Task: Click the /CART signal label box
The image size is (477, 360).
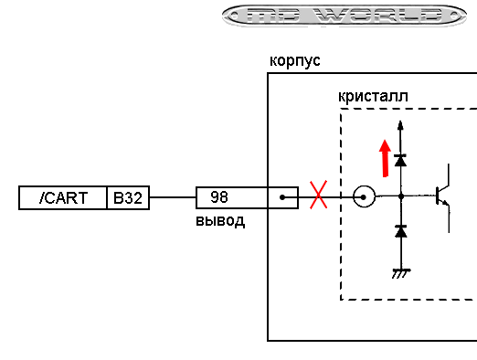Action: tap(63, 197)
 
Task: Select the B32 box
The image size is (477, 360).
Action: tap(128, 197)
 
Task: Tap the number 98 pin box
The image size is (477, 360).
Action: tap(219, 197)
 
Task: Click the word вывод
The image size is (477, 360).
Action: tap(220, 221)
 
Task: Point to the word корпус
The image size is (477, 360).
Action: tap(294, 61)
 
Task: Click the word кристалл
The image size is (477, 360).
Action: tap(372, 97)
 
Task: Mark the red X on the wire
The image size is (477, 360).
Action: tap(318, 196)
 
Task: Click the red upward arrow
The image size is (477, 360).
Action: tap(385, 156)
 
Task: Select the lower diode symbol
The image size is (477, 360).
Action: tap(400, 232)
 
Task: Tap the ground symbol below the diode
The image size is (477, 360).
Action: tap(400, 272)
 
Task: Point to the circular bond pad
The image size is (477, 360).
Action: tap(364, 196)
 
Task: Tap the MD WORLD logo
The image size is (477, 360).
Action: tap(344, 16)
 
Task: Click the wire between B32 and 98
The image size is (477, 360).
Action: tap(173, 197)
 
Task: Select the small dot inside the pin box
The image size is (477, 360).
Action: tap(283, 196)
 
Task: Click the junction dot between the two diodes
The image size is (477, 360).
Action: tap(400, 196)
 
